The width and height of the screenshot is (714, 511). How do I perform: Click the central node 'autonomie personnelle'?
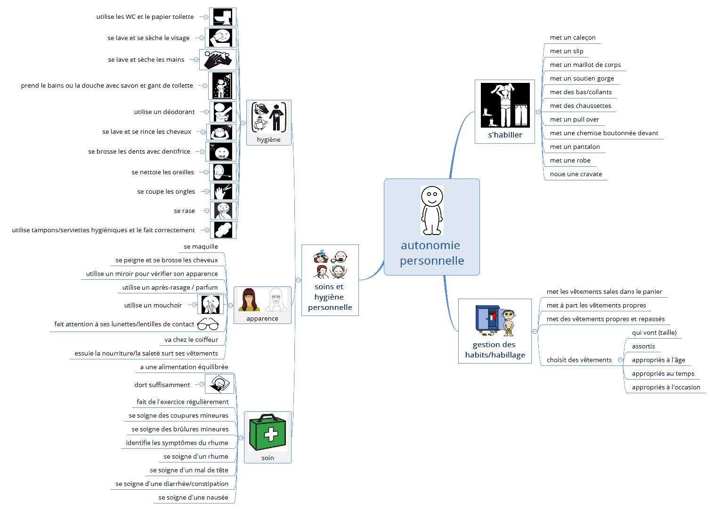(432, 253)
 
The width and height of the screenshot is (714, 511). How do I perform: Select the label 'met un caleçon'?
(573, 38)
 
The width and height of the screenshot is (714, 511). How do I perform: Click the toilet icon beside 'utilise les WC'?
(222, 17)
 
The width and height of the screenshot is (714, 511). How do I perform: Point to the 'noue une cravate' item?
(576, 174)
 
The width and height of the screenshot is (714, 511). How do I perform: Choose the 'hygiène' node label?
(268, 140)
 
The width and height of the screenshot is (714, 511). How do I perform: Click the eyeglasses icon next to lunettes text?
(208, 324)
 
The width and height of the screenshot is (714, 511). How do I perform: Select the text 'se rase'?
(184, 211)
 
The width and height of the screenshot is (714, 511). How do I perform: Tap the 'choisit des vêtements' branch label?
(579, 360)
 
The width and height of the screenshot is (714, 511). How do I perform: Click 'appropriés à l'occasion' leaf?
(665, 388)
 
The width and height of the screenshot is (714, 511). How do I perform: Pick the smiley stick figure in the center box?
(432, 210)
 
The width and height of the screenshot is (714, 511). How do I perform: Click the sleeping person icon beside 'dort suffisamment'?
(219, 384)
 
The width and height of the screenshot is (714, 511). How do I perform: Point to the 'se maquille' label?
(201, 247)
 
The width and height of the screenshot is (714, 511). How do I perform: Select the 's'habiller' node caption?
(505, 135)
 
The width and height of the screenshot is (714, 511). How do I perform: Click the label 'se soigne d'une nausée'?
(193, 498)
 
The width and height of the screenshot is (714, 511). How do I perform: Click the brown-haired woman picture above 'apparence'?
(249, 300)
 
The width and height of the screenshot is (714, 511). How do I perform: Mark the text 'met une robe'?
(570, 161)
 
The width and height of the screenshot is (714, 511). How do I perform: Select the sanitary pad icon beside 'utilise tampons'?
(223, 230)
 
